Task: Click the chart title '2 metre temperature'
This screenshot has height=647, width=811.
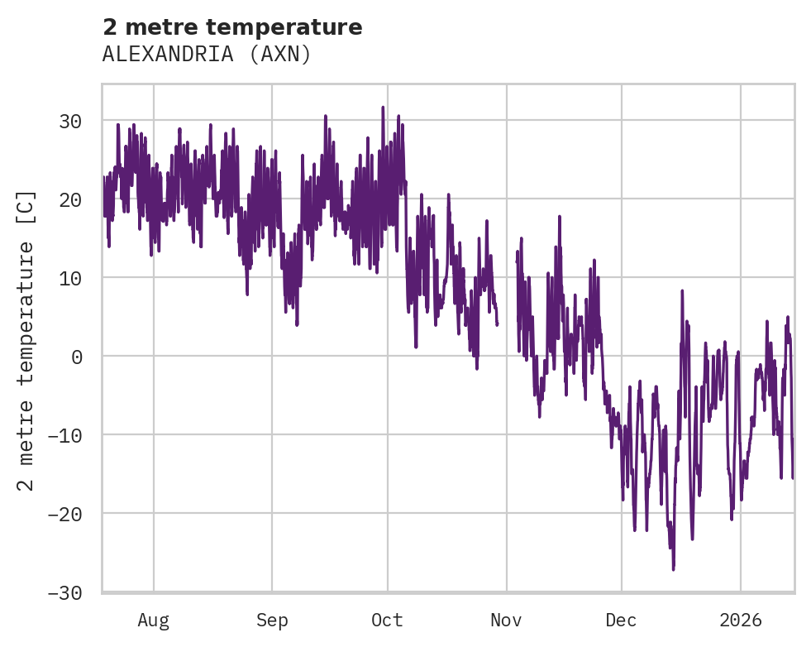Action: (232, 27)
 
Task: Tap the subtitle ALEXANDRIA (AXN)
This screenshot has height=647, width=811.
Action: (207, 55)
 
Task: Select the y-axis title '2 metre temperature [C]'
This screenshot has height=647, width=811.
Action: (26, 340)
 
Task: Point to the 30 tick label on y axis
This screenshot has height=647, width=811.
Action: (70, 121)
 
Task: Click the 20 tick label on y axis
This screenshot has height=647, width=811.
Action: (70, 199)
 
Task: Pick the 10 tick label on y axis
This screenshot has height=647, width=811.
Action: (70, 278)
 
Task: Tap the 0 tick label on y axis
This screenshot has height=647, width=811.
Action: (76, 357)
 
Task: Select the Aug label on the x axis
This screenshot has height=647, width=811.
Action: (154, 620)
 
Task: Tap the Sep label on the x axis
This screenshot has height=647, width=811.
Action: (272, 620)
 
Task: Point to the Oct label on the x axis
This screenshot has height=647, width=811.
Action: (387, 620)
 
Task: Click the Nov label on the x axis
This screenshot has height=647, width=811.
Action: (506, 620)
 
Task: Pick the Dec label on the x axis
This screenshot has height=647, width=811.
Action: (621, 620)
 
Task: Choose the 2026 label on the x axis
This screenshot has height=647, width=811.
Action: (740, 620)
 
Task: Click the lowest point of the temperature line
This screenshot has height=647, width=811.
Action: (673, 569)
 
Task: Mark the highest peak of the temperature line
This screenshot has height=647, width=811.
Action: (383, 108)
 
